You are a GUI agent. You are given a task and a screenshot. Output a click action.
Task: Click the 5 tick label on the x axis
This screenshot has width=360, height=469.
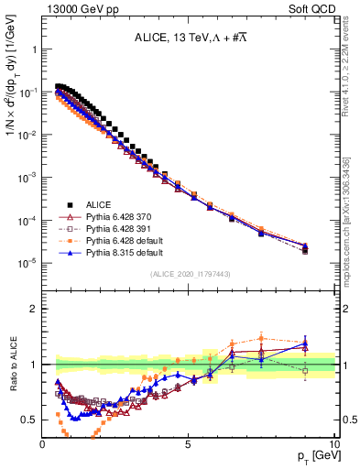click(x=188, y=443)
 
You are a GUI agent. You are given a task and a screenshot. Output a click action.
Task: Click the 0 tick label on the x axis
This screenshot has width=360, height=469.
click(x=43, y=443)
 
